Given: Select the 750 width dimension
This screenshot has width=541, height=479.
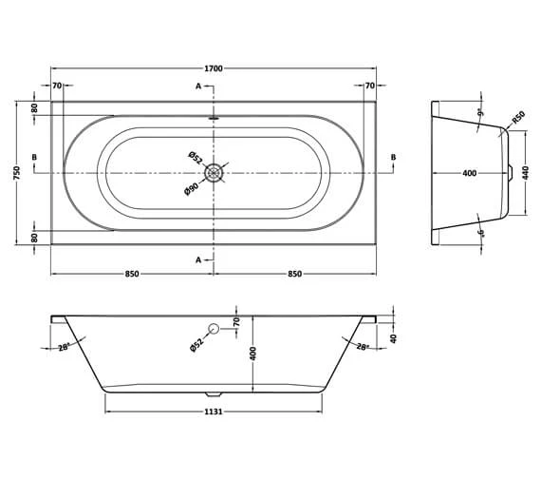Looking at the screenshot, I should pyautogui.click(x=17, y=172).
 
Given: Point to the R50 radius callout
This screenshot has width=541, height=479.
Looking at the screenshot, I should pyautogui.click(x=517, y=118).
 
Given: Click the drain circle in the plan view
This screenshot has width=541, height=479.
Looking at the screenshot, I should pyautogui.click(x=215, y=172).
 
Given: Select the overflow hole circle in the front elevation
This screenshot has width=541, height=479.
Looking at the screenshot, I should pyautogui.click(x=214, y=330).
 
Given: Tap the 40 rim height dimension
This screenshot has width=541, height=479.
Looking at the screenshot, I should pyautogui.click(x=392, y=335).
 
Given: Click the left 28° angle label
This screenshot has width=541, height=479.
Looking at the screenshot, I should pyautogui.click(x=64, y=348).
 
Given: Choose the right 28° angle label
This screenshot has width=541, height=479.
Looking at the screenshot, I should pyautogui.click(x=363, y=348).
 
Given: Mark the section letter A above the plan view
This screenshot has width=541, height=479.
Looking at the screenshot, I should pyautogui.click(x=198, y=86).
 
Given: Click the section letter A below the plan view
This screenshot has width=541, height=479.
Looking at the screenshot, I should pyautogui.click(x=198, y=259).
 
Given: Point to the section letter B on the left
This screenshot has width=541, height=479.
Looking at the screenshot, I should pyautogui.click(x=34, y=157).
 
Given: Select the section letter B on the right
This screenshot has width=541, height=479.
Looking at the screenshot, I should pyautogui.click(x=392, y=157).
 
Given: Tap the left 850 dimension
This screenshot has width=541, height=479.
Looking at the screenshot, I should pyautogui.click(x=132, y=274).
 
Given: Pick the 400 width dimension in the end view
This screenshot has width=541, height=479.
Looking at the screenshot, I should pyautogui.click(x=469, y=174).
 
